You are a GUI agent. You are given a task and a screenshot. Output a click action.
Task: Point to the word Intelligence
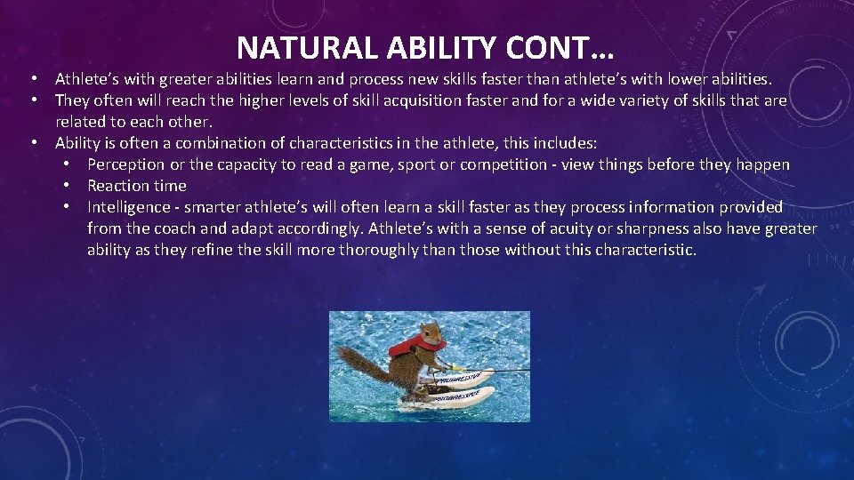[x=128, y=207]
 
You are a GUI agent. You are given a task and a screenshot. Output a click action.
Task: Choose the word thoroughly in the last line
[x=386, y=250]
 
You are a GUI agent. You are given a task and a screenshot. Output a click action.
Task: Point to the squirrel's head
[x=431, y=333]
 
